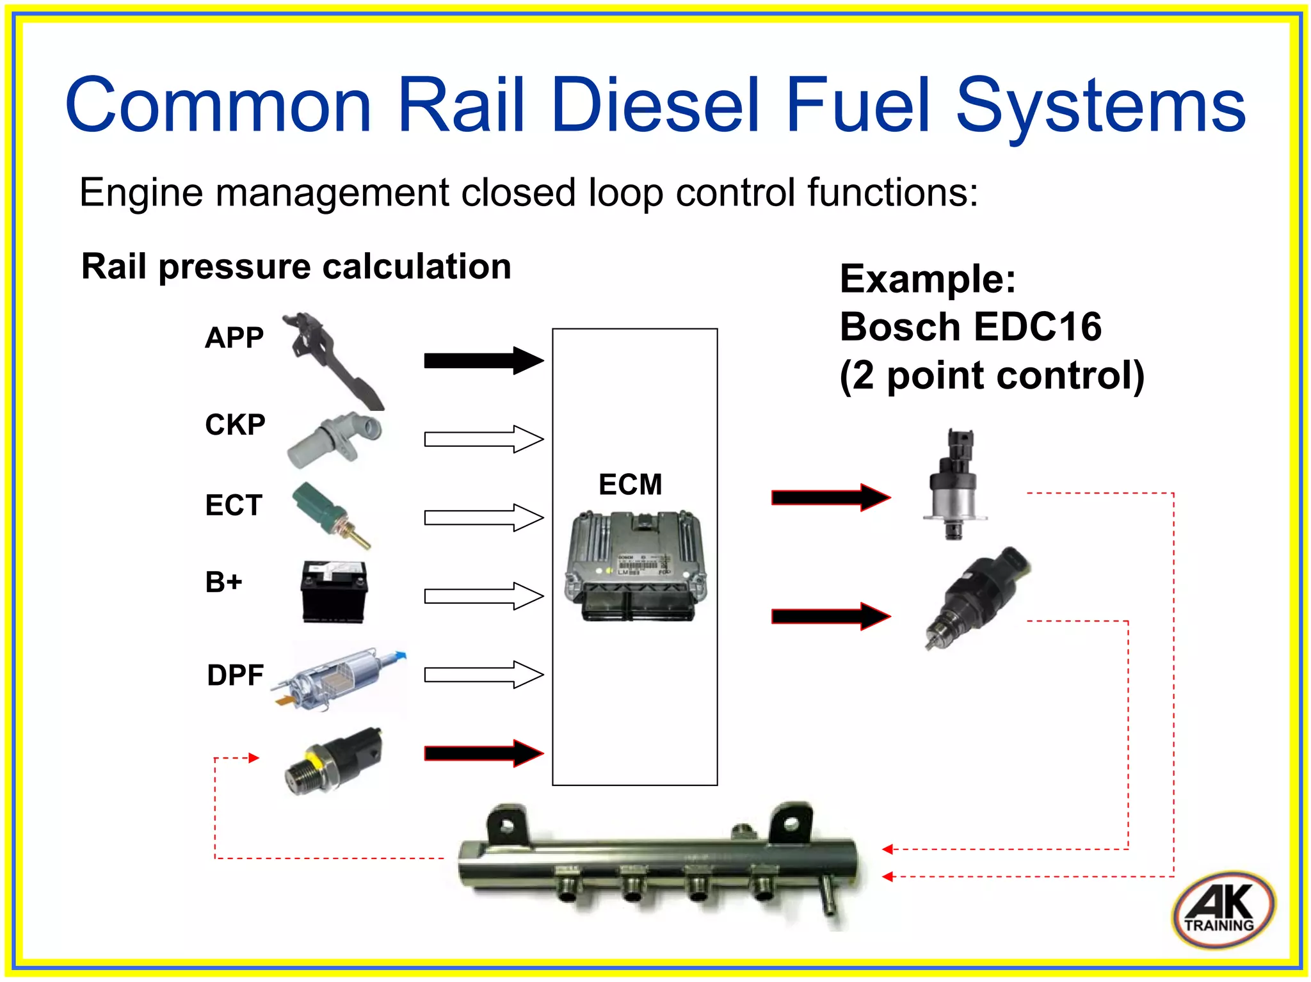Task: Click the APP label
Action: pyautogui.click(x=234, y=337)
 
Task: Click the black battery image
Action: pyautogui.click(x=334, y=591)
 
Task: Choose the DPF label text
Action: pyautogui.click(x=235, y=675)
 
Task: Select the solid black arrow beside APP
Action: pyautogui.click(x=483, y=360)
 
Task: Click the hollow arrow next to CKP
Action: pyautogui.click(x=483, y=439)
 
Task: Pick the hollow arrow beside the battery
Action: pyautogui.click(x=483, y=596)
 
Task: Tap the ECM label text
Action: pyautogui.click(x=630, y=485)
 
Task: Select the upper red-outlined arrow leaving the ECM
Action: pyautogui.click(x=830, y=497)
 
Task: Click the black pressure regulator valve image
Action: pyautogui.click(x=976, y=595)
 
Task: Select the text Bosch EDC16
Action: pyautogui.click(x=970, y=327)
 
